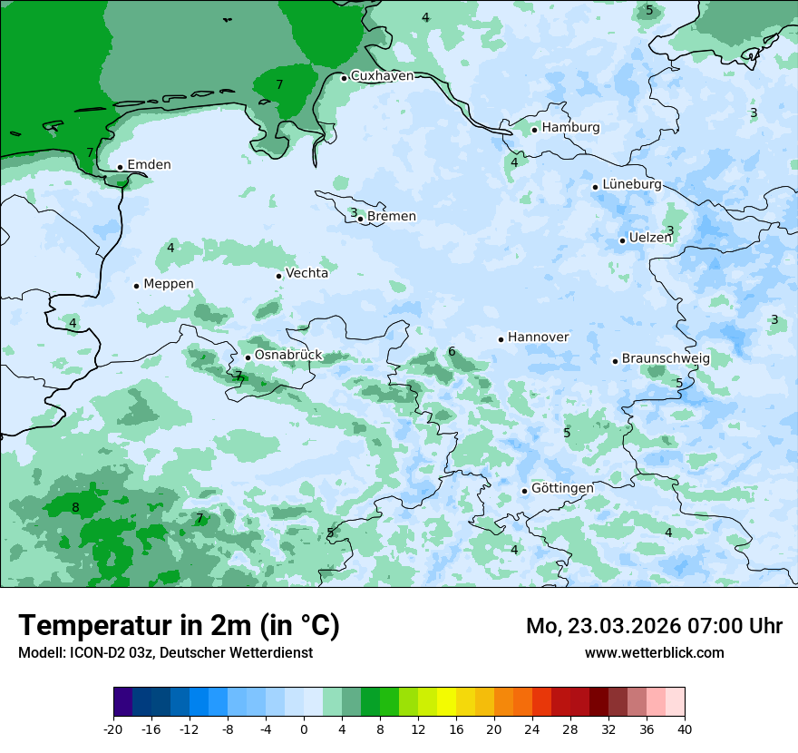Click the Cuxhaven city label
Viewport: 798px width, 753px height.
(x=382, y=76)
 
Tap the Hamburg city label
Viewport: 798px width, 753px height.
(x=570, y=128)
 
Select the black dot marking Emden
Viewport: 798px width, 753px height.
(x=120, y=167)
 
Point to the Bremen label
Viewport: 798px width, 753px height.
(x=392, y=217)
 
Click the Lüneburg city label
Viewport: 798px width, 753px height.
(x=632, y=185)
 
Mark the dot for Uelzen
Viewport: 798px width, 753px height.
(x=622, y=240)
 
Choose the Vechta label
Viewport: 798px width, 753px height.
(x=307, y=273)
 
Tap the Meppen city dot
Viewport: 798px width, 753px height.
(x=136, y=286)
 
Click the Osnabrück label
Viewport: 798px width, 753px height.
(x=288, y=356)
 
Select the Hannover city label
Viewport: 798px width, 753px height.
(x=538, y=337)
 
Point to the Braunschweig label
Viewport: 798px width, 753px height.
(x=666, y=359)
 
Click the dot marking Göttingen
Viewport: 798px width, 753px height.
(x=524, y=491)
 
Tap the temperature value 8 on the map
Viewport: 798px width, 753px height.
(x=75, y=507)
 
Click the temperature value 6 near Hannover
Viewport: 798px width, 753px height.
(x=452, y=352)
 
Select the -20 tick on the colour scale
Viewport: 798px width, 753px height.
(x=113, y=729)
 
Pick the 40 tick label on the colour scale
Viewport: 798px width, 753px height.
(x=684, y=729)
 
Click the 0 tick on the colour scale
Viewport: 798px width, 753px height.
(x=304, y=729)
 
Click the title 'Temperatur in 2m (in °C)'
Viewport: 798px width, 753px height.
(x=179, y=626)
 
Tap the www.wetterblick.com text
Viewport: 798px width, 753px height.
(x=654, y=653)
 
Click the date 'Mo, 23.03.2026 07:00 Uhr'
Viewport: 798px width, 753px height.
(x=654, y=626)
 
